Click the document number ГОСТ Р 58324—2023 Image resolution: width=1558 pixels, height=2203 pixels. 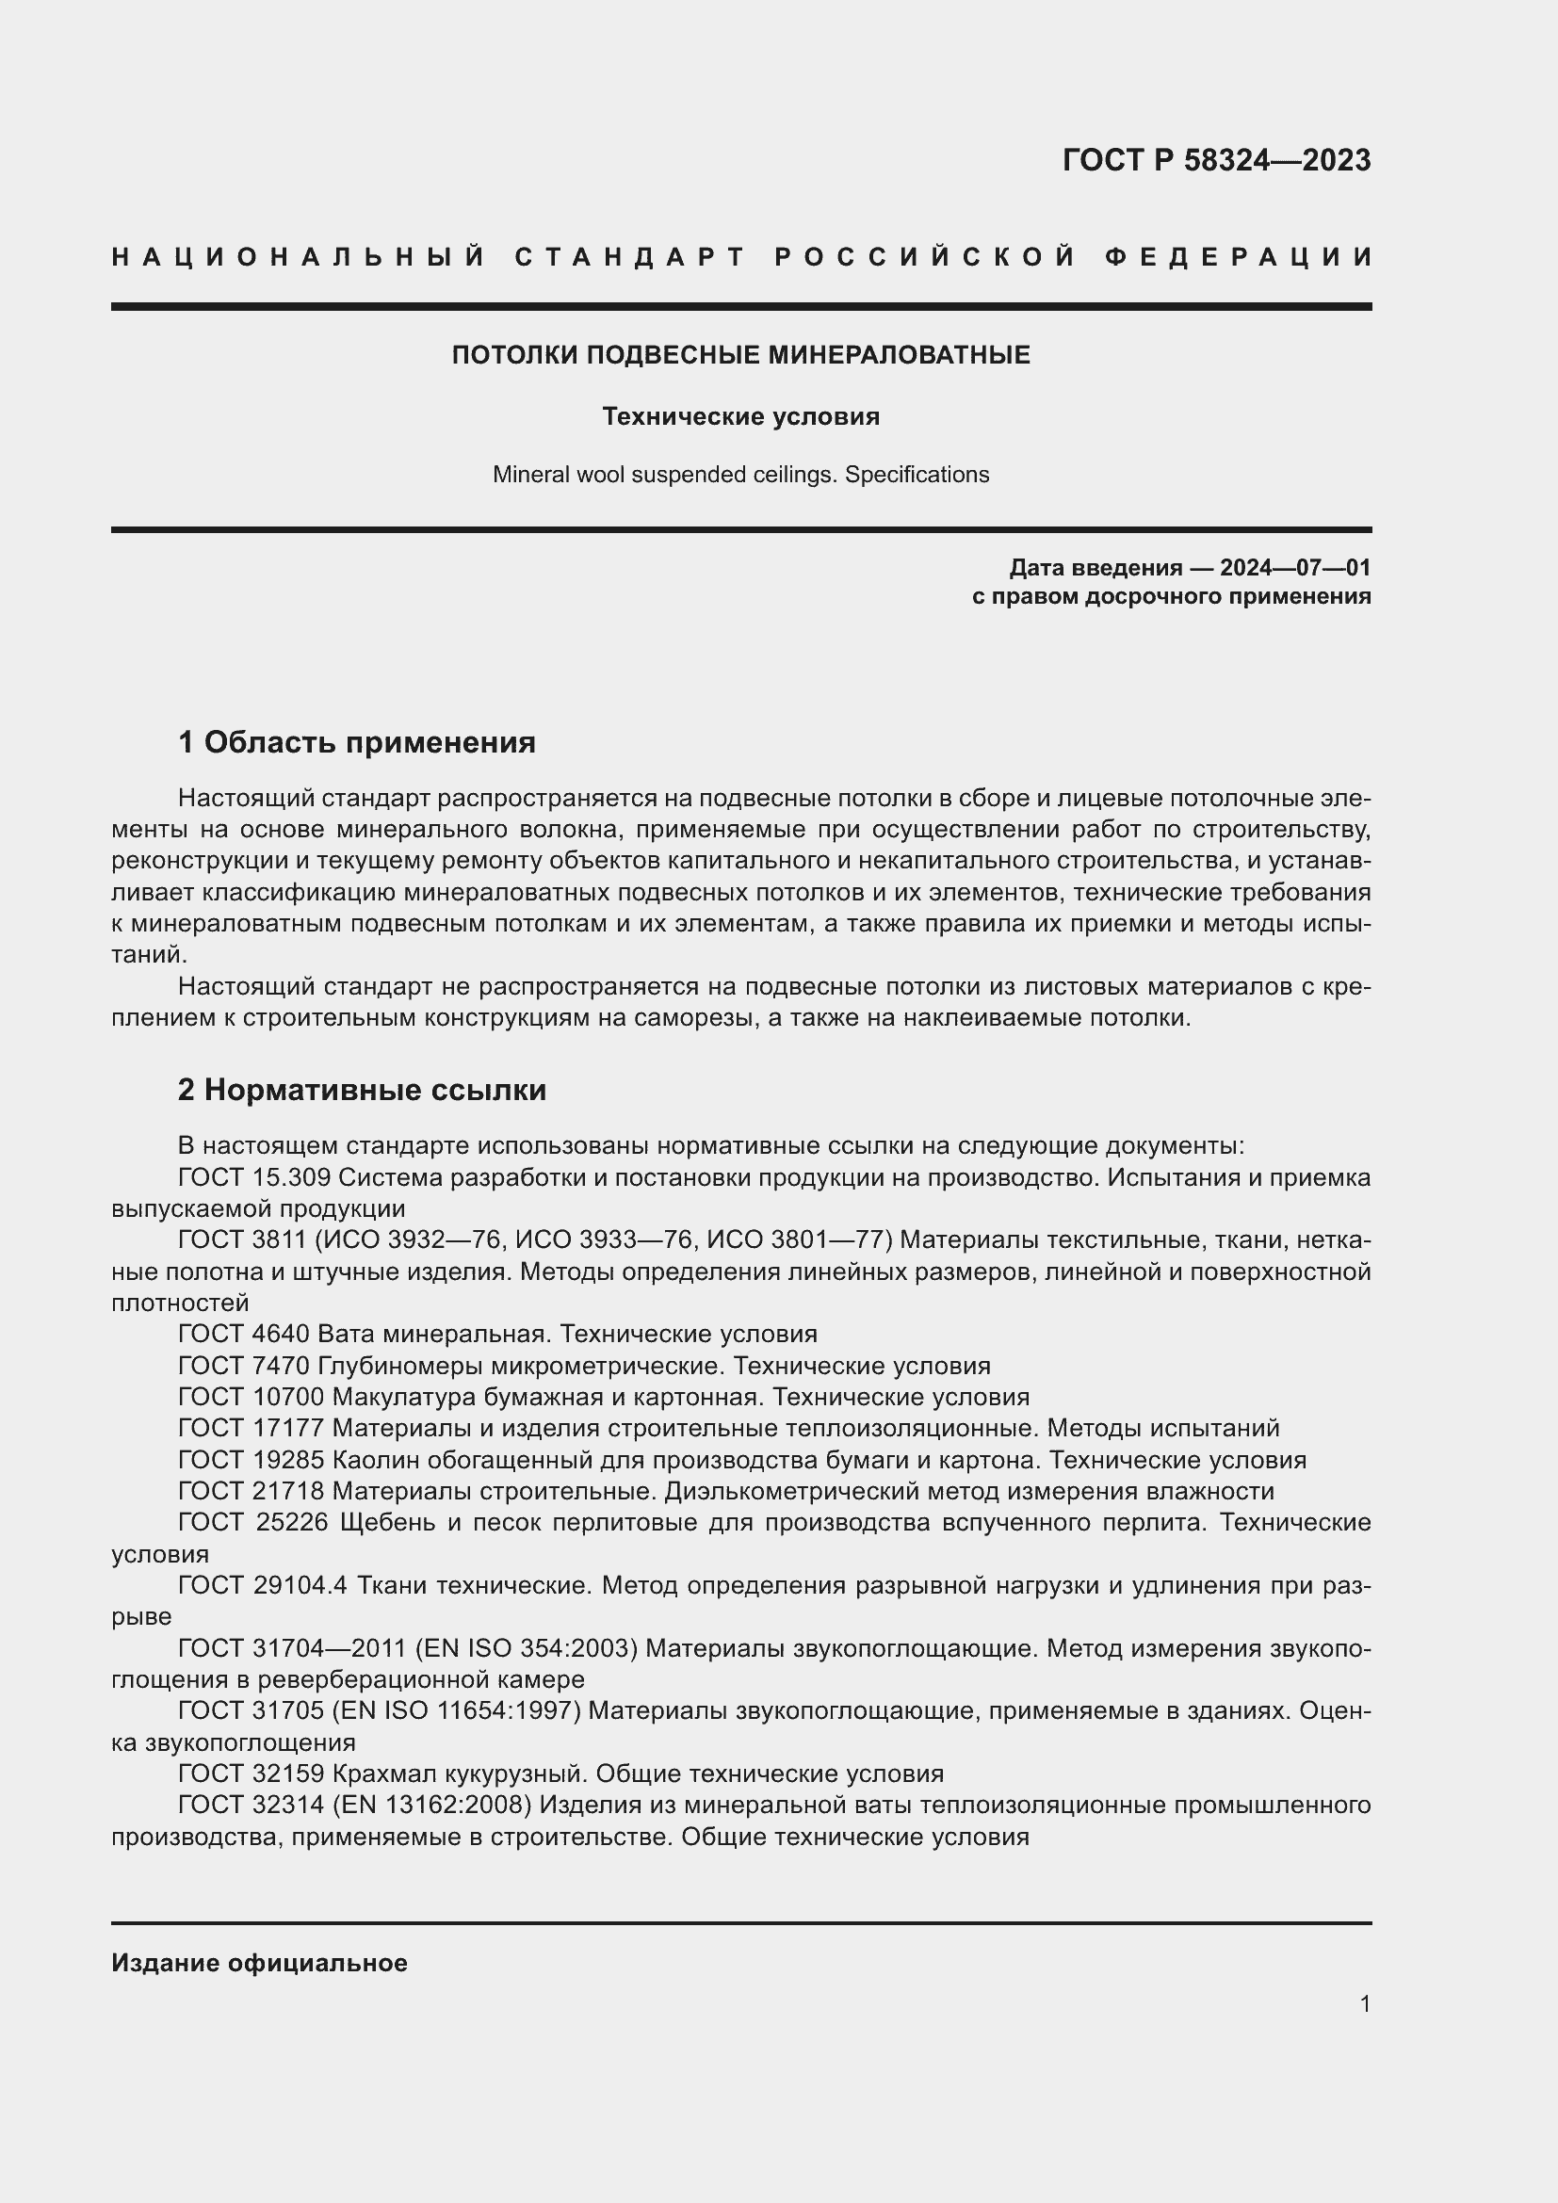tap(1215, 160)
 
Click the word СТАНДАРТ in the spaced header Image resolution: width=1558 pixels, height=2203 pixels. tap(629, 257)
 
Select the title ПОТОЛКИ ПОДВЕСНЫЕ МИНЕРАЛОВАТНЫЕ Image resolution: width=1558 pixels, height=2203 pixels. tap(740, 355)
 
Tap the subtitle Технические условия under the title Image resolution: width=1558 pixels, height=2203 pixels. tap(740, 416)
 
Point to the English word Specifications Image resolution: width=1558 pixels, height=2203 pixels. tap(917, 475)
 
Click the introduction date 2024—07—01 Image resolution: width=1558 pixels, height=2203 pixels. tap(1295, 568)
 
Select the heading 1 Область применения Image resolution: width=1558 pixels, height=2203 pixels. tap(357, 741)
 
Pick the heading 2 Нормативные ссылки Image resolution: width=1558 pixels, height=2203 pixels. tap(362, 1090)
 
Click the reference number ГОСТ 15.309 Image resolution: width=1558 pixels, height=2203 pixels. tap(254, 1177)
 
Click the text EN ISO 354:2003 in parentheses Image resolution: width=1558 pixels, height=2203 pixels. tap(526, 1648)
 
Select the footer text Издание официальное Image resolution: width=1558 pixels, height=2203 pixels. tap(259, 1963)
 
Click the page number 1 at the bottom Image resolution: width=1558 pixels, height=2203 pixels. tap(1364, 2003)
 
